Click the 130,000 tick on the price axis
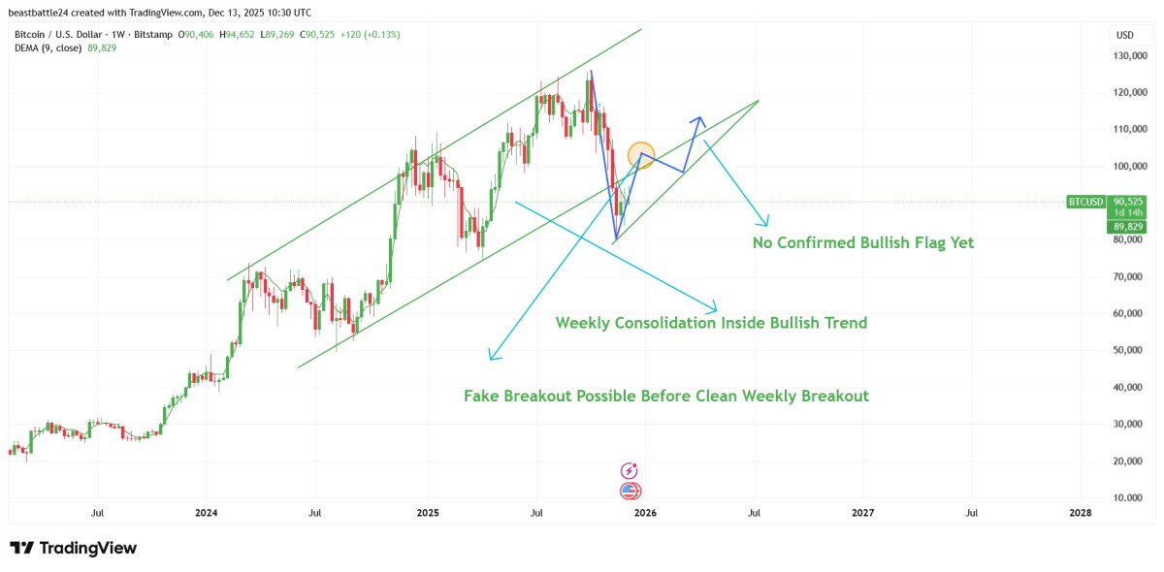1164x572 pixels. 1133,56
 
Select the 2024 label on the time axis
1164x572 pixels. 206,513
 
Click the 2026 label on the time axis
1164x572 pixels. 645,513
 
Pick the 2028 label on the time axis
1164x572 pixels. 1080,513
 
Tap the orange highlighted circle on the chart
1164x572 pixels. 642,154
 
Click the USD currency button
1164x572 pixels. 1125,35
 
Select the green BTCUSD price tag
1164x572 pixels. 1085,202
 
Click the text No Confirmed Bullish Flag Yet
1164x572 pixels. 862,243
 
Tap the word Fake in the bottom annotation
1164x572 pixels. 482,396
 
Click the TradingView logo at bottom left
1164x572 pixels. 73,548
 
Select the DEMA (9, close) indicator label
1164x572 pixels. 48,48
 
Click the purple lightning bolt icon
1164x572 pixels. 629,470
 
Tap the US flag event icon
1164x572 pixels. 630,491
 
